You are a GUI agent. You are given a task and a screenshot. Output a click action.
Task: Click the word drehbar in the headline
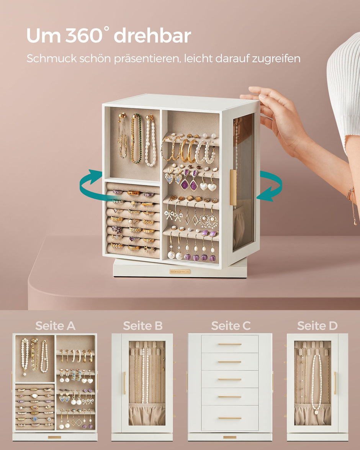152,36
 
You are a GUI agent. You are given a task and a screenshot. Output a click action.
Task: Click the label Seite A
55,326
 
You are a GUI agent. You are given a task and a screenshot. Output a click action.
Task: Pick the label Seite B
142,326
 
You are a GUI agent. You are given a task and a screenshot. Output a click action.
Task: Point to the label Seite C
231,326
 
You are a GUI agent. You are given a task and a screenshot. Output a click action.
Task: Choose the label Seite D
317,326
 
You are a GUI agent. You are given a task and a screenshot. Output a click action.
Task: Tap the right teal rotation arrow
270,186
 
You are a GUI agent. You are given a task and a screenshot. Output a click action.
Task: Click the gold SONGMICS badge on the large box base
180,272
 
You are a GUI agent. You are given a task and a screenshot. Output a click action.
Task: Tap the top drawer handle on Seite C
230,344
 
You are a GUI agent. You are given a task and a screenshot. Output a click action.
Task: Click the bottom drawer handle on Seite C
230,418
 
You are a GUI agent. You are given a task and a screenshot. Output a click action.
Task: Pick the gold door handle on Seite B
124,383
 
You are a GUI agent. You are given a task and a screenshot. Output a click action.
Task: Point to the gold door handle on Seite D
335,383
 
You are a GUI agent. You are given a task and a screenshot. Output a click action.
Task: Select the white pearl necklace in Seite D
316,383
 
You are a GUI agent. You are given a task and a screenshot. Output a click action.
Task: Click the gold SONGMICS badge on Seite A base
54,437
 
